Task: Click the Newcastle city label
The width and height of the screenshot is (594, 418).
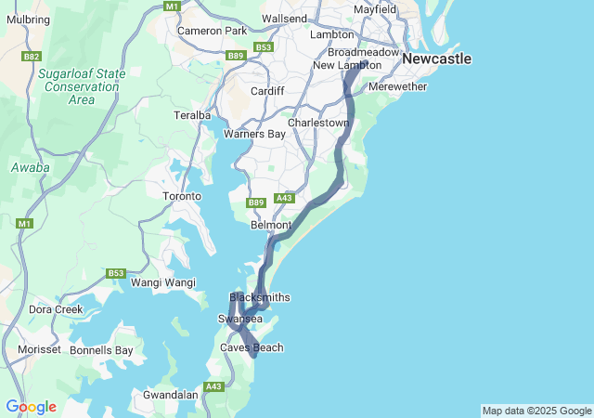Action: point(436,59)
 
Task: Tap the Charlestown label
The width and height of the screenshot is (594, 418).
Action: point(318,123)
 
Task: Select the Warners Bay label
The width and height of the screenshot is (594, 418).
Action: point(254,134)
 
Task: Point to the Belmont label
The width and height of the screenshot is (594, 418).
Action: point(271,225)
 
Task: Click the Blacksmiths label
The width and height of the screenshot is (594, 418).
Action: point(260,297)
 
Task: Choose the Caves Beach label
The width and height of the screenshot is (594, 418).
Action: point(252,347)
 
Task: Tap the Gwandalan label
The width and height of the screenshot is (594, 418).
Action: point(171,395)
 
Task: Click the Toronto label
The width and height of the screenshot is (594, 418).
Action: point(182,196)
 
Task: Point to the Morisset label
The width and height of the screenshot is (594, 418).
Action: point(39,349)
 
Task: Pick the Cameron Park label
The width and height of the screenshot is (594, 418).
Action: point(213,31)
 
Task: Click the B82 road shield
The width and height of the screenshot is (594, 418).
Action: point(32,57)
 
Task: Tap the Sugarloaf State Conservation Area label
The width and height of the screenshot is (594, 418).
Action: point(82,85)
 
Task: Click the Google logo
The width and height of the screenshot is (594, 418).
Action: point(31,407)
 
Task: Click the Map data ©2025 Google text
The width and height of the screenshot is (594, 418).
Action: point(536,411)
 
